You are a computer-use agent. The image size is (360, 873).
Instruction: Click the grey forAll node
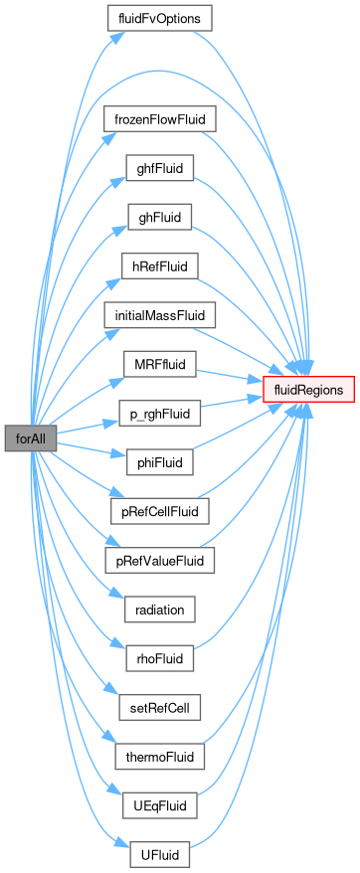tap(31, 437)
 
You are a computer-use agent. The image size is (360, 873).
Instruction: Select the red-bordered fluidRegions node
tap(308, 389)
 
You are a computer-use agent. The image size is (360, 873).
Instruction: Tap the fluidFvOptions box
tap(159, 18)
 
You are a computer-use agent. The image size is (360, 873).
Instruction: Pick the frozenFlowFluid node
tap(159, 118)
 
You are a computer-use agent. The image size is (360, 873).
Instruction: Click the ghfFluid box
tap(159, 168)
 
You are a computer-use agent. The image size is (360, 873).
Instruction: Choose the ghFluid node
tap(159, 217)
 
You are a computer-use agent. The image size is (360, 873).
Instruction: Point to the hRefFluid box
tap(159, 265)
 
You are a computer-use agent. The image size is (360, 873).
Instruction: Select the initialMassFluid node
tap(159, 314)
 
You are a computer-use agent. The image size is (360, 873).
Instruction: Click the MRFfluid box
tap(159, 364)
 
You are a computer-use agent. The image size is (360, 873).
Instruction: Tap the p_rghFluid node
tap(159, 414)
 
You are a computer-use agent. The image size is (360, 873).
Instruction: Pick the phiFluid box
tap(159, 462)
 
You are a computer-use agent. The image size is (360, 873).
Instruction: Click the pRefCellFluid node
tap(159, 510)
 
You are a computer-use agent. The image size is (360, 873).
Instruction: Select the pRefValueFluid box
tap(159, 560)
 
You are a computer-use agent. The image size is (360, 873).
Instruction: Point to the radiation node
tap(159, 610)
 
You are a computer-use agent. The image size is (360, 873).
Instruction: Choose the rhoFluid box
tap(159, 658)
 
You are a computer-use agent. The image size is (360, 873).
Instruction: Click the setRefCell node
tap(159, 707)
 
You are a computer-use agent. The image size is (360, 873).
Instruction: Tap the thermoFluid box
tap(159, 756)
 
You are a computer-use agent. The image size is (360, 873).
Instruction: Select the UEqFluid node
tap(159, 805)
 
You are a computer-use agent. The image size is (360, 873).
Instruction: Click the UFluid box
tap(159, 854)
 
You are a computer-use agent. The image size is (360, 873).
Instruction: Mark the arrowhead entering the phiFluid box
tap(119, 454)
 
